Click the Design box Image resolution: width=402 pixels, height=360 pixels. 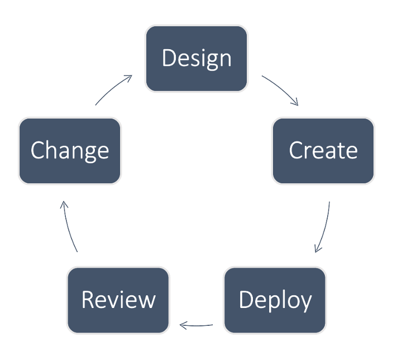(197, 59)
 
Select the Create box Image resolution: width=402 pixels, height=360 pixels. (323, 151)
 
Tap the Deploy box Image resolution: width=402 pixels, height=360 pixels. (275, 300)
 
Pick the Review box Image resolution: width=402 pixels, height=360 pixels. (118, 300)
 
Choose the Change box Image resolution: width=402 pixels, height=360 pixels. (70, 151)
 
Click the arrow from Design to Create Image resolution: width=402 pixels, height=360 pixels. (281, 88)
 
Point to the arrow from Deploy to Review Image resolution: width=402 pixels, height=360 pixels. (196, 326)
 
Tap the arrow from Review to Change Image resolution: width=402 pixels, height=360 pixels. (69, 226)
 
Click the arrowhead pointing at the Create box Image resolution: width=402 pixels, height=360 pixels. (295, 102)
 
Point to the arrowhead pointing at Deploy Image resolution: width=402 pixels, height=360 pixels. (317, 249)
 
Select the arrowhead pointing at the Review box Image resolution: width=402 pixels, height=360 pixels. (183, 325)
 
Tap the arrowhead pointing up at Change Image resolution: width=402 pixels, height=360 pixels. (64, 205)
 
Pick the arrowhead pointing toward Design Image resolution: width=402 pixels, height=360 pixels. (128, 78)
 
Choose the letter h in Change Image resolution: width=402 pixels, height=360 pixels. (52, 149)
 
